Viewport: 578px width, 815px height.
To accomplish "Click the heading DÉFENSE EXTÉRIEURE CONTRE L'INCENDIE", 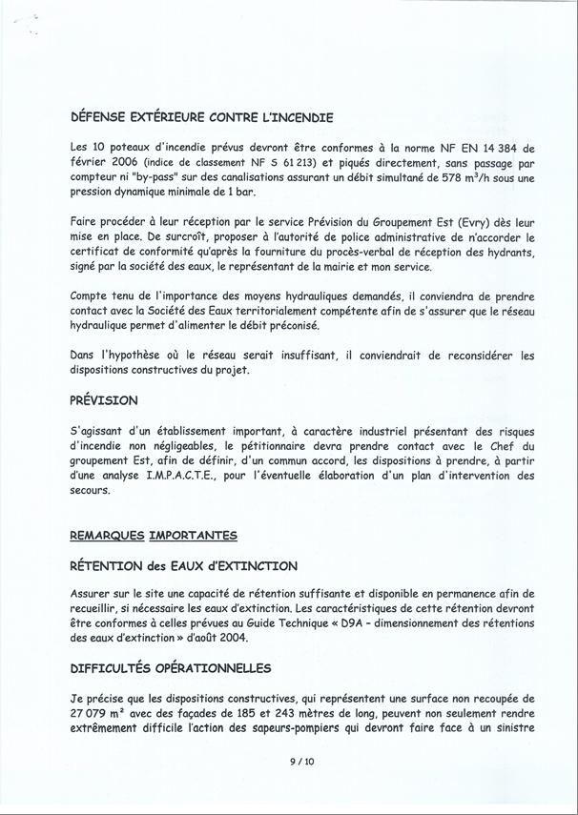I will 201,119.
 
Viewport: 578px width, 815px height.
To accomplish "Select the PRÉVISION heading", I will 104,400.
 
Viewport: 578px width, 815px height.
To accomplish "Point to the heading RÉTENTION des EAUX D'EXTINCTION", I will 184,566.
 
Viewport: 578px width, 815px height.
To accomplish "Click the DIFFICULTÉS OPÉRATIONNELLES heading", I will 171,668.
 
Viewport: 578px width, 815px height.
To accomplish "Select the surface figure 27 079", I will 93,713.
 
